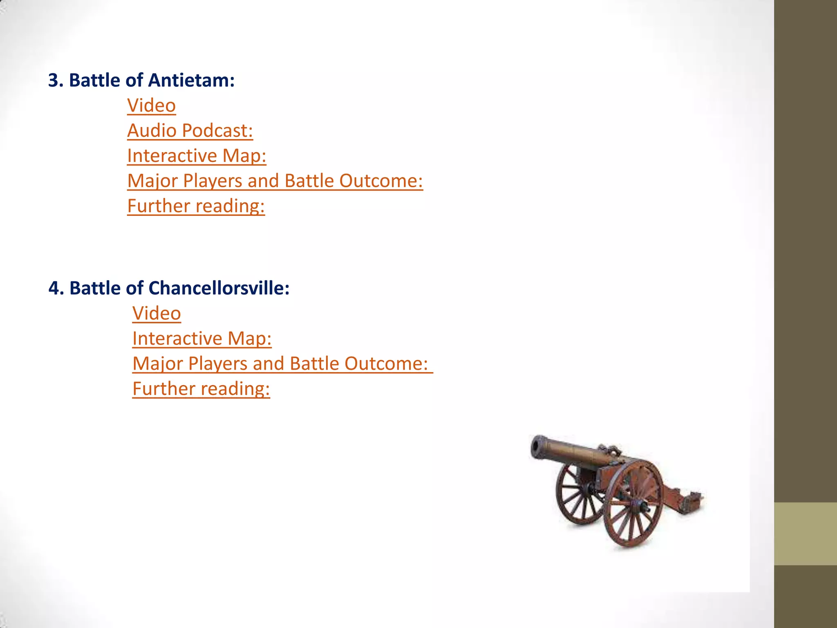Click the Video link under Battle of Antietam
pos(151,105)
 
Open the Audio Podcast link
pos(190,131)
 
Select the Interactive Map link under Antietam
pos(197,156)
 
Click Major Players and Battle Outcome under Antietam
pos(275,181)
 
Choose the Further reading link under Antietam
pos(196,206)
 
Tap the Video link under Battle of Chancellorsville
pos(157,314)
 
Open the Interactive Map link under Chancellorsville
pos(202,339)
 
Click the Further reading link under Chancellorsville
pos(201,389)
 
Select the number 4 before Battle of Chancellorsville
pos(54,289)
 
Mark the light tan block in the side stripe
pos(805,534)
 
